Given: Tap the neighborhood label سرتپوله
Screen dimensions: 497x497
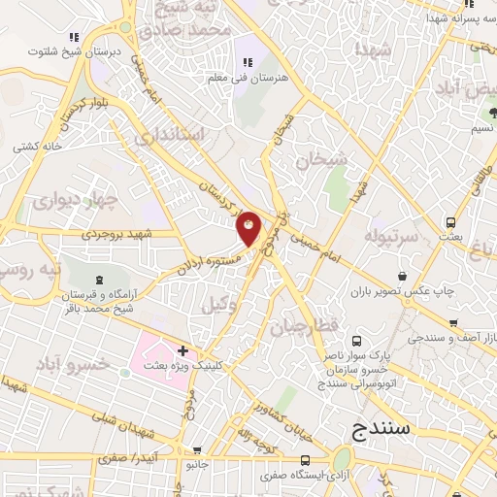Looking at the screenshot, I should pos(391,236).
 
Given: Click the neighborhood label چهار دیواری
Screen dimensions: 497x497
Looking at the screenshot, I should pos(75,201).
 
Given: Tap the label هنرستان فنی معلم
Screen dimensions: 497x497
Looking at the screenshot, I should pos(242,75).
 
